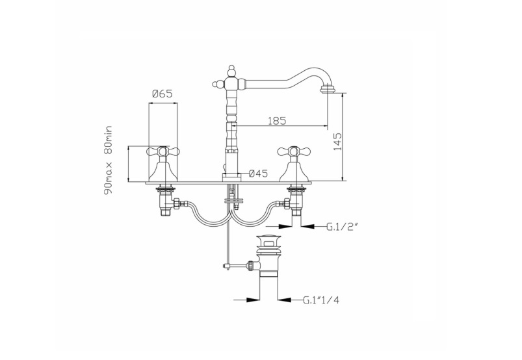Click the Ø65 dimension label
[162, 94]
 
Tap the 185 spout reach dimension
[277, 120]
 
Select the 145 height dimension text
[337, 142]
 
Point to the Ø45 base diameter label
[258, 174]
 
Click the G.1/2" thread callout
[342, 227]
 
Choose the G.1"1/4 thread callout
[321, 300]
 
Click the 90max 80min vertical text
[109, 161]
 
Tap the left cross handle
[163, 152]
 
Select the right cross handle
[294, 152]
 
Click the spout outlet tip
[328, 89]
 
